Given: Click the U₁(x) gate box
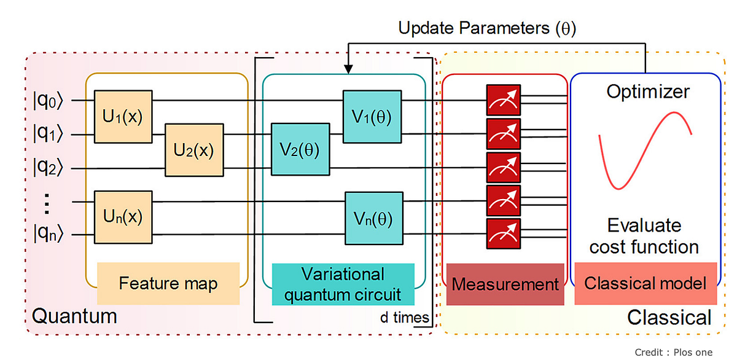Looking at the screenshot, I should (123, 116).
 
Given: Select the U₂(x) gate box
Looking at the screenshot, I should (193, 150).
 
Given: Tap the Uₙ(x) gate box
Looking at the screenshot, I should (123, 217).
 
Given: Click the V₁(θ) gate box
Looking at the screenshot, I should (372, 116).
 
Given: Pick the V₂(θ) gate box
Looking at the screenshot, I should (300, 150).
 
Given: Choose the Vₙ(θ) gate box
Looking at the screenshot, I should (373, 218).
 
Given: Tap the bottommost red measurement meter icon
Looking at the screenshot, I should (504, 234).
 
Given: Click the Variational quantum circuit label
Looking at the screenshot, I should (343, 284).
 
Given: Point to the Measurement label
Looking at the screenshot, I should (505, 284).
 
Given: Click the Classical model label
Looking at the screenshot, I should (645, 283).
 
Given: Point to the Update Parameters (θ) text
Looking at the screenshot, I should (488, 28).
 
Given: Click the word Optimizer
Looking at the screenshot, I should (648, 92).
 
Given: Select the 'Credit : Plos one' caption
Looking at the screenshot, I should (674, 351).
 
